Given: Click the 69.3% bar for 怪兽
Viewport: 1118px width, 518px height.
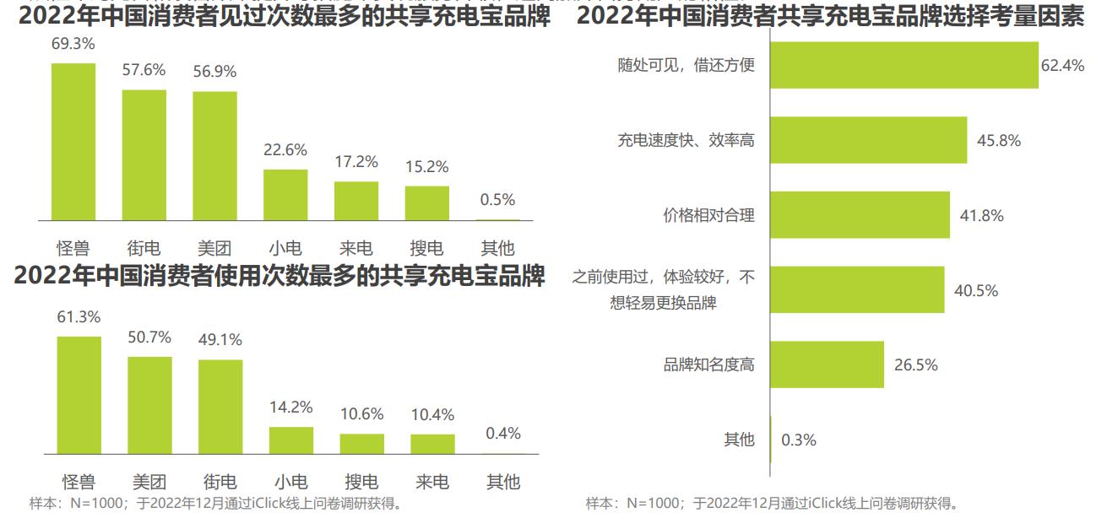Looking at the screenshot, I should point(73,142).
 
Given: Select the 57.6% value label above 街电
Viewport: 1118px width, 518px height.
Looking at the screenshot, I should point(144,70).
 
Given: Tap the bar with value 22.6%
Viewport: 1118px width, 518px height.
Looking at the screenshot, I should point(285,195).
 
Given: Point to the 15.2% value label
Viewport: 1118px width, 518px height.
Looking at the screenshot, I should point(426,167).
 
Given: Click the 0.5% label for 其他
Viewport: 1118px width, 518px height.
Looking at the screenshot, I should point(497,200).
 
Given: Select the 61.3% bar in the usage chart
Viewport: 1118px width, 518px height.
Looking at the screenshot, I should point(79,396).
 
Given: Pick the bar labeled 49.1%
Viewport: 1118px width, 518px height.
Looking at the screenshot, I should point(220,407).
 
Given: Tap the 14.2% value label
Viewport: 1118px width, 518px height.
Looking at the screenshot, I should point(291,407).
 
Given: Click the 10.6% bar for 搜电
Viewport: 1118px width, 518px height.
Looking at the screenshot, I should point(362,445).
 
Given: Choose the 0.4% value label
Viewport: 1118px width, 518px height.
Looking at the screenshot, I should point(503,434).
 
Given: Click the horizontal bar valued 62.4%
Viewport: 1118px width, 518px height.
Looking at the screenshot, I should point(904,65).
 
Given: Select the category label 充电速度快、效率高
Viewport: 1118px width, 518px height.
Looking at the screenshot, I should point(686,140).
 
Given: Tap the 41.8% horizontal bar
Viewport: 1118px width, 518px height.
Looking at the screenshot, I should point(860,215).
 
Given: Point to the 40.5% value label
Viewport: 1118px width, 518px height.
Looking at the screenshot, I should point(976,290).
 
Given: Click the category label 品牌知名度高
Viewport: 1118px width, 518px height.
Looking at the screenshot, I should point(708,365).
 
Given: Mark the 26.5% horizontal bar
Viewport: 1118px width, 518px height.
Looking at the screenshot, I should point(828,365).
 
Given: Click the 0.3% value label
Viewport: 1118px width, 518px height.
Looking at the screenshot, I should point(798,440).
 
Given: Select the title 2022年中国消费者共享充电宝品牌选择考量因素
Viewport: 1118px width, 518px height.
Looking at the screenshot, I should point(830,16).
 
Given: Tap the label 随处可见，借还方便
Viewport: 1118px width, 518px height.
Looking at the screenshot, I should point(686,65).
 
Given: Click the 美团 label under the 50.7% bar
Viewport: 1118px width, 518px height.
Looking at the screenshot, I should point(149,483).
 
